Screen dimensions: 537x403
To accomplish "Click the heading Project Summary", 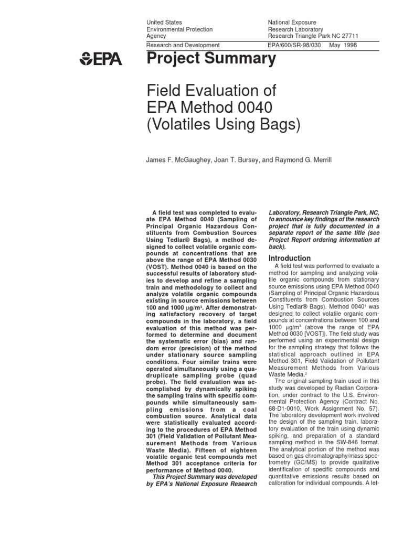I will click(x=210, y=59).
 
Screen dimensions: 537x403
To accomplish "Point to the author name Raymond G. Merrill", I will click(x=302, y=159).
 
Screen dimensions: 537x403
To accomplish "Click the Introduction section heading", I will click(x=290, y=258).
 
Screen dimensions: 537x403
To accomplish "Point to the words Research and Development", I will click(x=183, y=46).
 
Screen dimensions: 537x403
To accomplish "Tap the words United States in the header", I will click(x=164, y=23).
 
